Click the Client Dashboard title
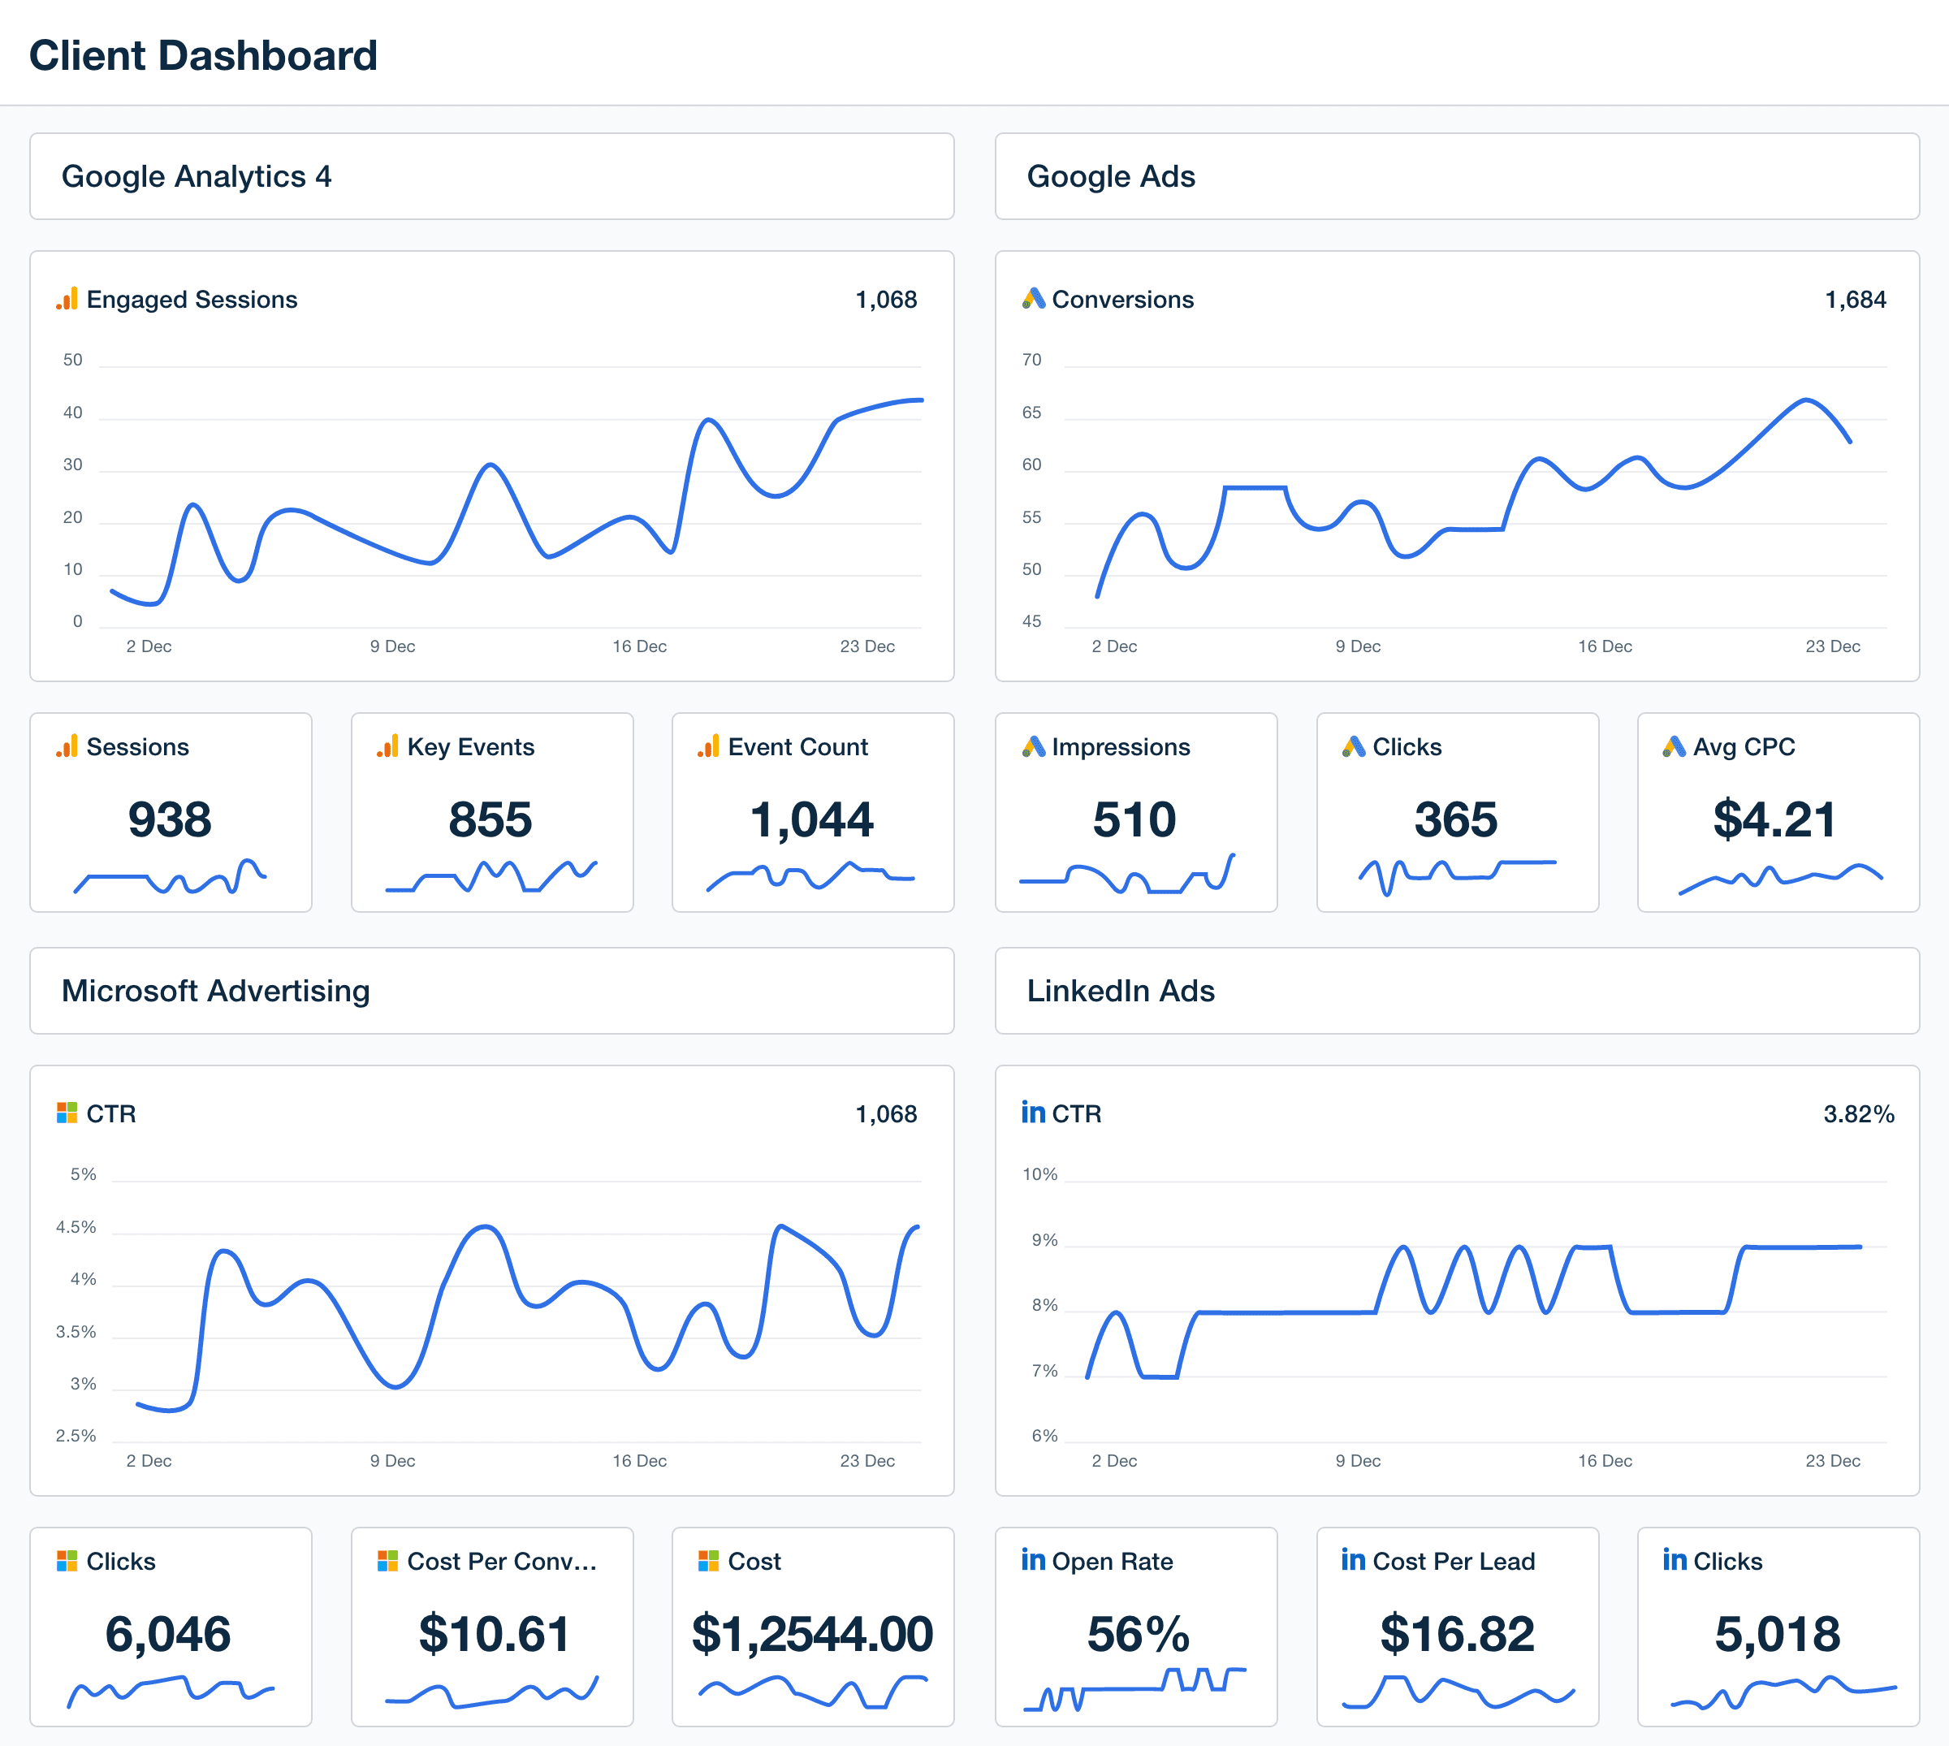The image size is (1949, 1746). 203,56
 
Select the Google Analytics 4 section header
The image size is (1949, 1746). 197,176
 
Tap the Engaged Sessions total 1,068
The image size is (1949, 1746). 885,300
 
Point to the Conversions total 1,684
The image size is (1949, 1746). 1854,300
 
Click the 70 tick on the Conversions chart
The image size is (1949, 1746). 1031,360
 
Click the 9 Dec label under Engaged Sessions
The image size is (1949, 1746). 392,646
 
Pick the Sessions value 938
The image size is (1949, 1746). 170,819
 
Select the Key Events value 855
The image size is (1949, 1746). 490,819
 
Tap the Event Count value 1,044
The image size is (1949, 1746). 811,819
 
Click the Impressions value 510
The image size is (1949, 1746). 1134,819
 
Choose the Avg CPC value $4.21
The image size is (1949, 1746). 1774,819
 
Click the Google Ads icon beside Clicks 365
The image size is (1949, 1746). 1354,746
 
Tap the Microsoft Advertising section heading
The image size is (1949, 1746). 216,991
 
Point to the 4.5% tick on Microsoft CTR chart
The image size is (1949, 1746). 76,1227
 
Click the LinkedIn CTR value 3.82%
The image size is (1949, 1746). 1858,1114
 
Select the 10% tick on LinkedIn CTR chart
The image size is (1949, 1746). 1039,1174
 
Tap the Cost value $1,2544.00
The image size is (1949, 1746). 811,1634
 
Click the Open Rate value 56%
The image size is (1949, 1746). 1138,1634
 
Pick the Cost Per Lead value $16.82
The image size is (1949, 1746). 1457,1634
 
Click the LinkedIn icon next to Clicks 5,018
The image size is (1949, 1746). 1675,1560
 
